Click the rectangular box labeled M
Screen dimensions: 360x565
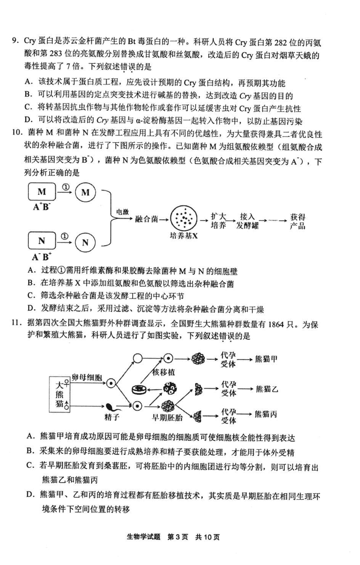point(42,192)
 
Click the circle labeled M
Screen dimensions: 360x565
point(85,193)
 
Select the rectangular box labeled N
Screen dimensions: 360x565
point(42,241)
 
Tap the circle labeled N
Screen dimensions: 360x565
point(85,242)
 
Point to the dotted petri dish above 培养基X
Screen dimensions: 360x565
point(184,219)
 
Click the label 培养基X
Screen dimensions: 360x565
point(184,236)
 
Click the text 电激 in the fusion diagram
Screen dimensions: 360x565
point(122,212)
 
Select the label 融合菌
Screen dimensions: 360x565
point(146,219)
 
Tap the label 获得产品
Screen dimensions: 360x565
point(297,221)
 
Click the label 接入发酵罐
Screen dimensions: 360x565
point(247,221)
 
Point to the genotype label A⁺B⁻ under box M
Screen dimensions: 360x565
point(42,207)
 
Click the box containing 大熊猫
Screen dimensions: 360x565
point(59,395)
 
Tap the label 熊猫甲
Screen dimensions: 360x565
point(266,359)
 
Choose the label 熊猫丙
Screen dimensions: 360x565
point(266,414)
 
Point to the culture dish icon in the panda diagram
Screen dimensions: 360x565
point(139,390)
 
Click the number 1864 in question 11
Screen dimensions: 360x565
point(276,325)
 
